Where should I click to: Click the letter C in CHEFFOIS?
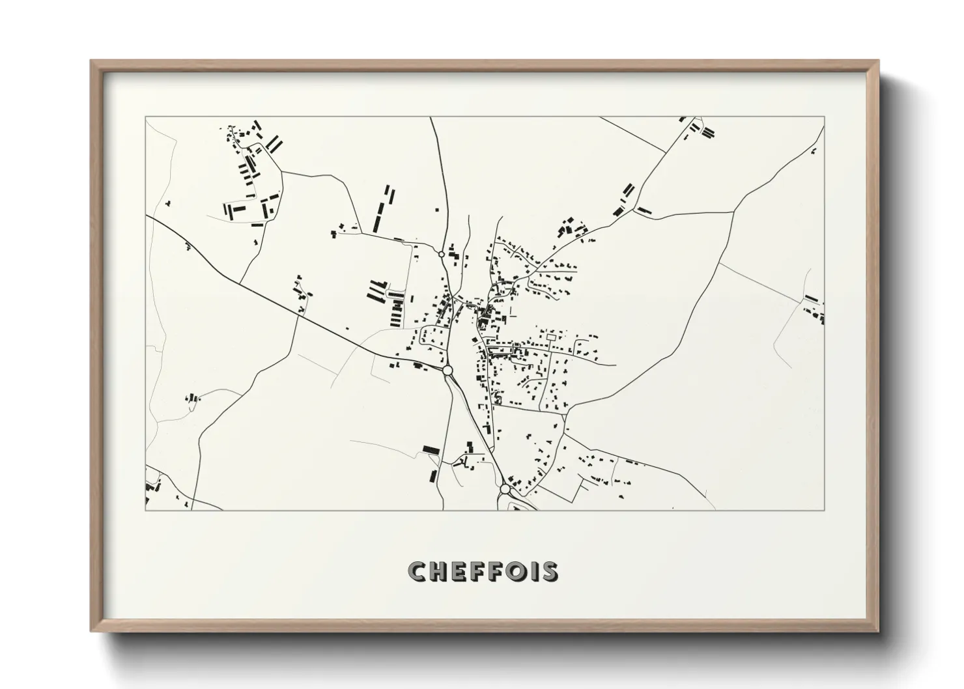(x=418, y=572)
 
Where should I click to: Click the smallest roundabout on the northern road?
(x=442, y=254)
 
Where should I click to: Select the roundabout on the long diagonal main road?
(x=447, y=370)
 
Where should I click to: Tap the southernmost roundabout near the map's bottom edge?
(x=505, y=488)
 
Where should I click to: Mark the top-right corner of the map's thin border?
(x=825, y=117)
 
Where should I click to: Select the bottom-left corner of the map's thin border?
(x=145, y=510)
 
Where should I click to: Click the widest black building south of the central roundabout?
(x=431, y=449)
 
